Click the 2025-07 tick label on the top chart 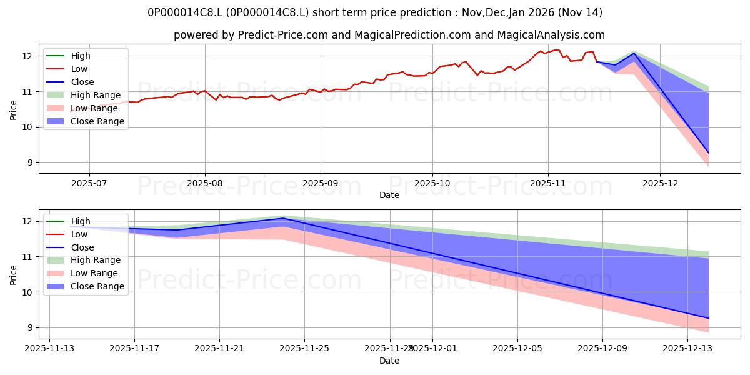point(89,182)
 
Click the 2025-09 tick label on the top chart point(321,182)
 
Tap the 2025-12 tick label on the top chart point(660,182)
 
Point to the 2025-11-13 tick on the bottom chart point(49,348)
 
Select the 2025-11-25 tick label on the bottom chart point(304,348)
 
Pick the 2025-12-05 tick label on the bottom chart point(517,348)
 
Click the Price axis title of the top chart point(14,110)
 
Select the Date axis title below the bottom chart point(389,361)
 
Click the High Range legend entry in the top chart point(96,95)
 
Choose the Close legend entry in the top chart point(82,82)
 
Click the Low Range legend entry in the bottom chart point(94,273)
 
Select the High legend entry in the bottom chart point(81,221)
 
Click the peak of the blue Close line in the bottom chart point(283,218)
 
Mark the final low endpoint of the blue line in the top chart point(708,152)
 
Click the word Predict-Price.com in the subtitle point(282,36)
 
